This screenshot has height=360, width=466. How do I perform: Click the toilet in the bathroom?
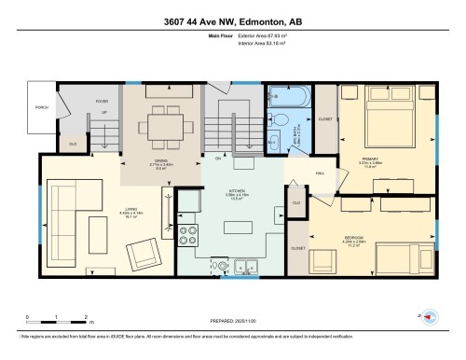click(278, 119)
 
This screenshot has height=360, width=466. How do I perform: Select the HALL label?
click(319, 173)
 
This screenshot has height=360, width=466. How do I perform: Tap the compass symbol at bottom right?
click(432, 317)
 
